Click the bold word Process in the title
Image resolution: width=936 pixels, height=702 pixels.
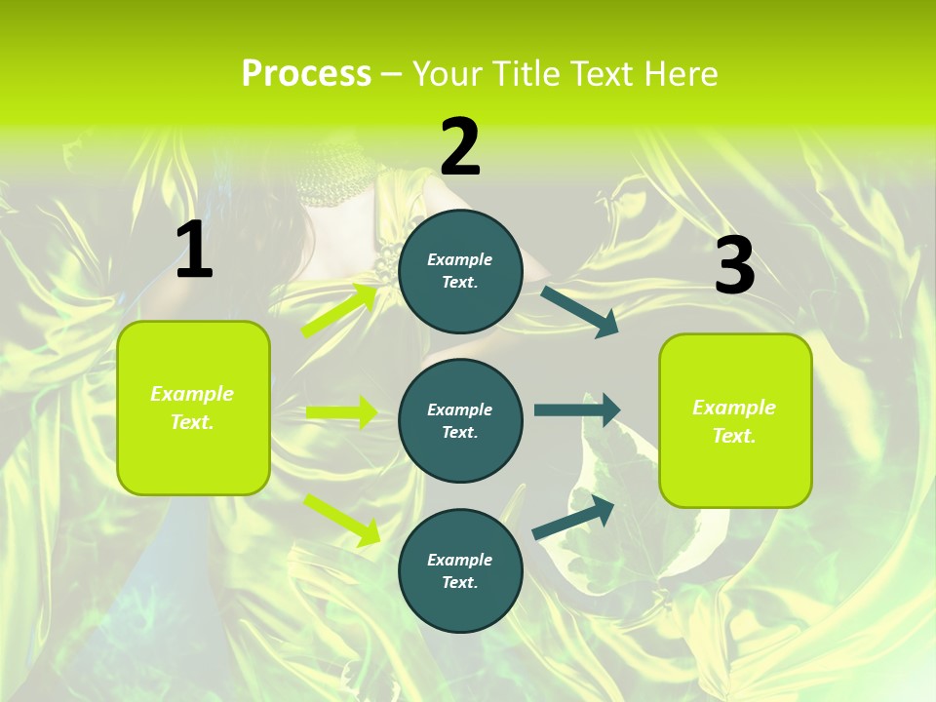(306, 73)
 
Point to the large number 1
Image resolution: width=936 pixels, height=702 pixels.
(194, 250)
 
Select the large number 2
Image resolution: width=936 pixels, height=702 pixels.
(460, 147)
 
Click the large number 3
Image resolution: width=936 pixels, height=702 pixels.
(734, 266)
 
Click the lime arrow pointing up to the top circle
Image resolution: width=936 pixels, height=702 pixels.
(339, 311)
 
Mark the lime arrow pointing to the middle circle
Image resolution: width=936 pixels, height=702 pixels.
(341, 412)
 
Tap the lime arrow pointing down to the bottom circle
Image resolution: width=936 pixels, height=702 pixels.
(341, 519)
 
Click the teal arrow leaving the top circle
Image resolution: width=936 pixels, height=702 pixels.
(579, 311)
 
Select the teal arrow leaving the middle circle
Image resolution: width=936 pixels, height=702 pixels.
(576, 409)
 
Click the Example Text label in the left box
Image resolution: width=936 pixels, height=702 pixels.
(192, 408)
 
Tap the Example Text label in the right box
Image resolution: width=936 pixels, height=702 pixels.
(734, 421)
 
